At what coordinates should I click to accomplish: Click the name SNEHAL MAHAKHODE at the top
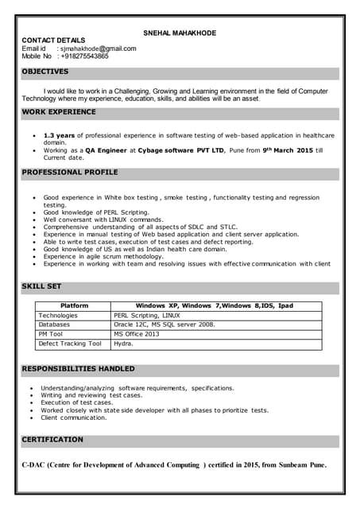point(179,33)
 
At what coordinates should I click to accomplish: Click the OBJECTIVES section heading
point(45,72)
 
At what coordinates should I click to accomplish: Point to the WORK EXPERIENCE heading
point(59,112)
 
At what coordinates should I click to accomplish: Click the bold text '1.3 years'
point(59,135)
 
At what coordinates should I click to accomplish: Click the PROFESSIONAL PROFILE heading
point(70,172)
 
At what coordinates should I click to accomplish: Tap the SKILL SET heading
point(41,286)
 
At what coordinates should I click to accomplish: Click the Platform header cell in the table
point(74,305)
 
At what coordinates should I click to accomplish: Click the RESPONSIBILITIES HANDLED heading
point(78,369)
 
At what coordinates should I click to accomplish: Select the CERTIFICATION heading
point(52,439)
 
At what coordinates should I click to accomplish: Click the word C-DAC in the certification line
point(35,465)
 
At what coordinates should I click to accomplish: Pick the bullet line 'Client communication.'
point(73,418)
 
